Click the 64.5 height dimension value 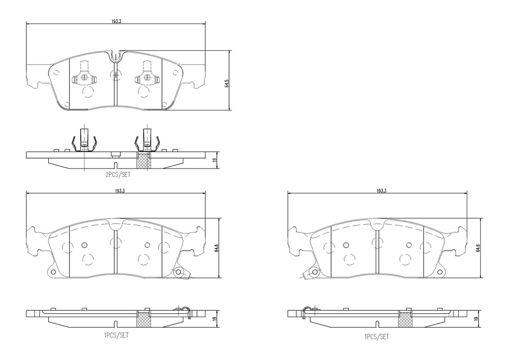point(226,83)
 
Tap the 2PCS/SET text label point(117,175)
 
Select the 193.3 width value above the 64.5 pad point(116,20)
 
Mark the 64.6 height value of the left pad point(217,248)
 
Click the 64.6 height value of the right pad point(478,248)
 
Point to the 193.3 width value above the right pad point(382,191)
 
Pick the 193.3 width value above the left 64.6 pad point(119,191)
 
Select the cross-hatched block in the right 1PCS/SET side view point(405,319)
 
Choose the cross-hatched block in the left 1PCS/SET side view point(144,319)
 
